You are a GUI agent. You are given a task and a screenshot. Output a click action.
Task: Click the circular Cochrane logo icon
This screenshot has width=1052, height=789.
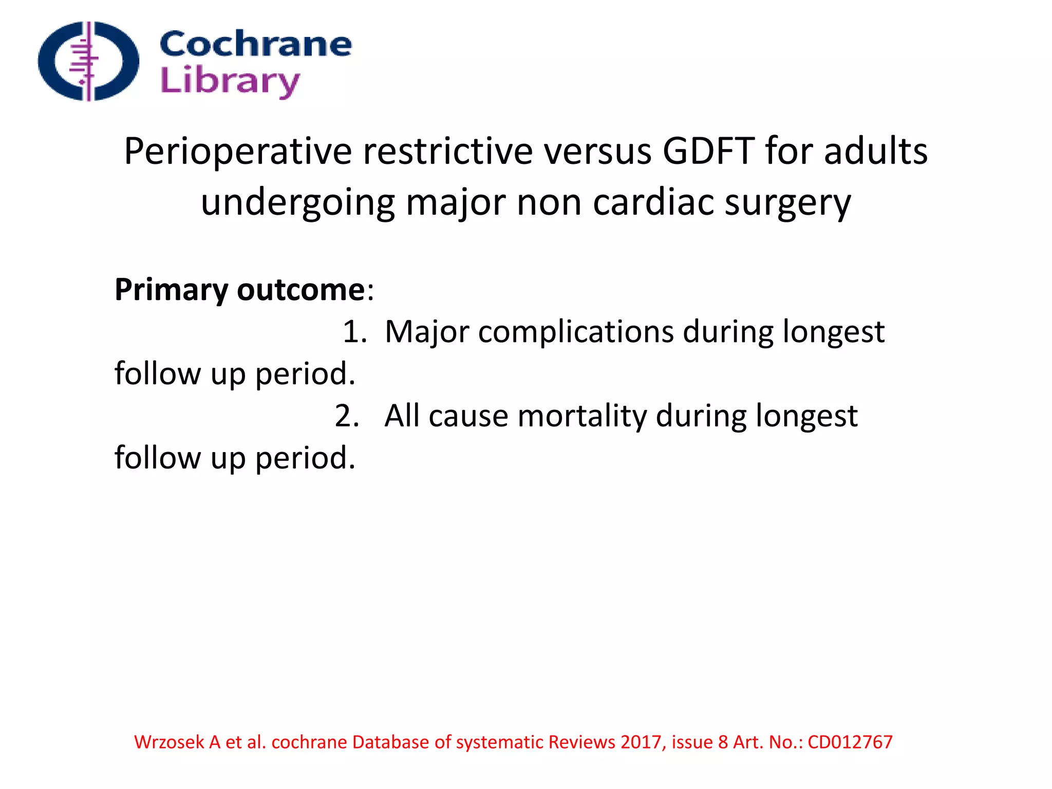88,61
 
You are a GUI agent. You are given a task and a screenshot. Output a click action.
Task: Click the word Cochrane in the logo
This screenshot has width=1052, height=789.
255,44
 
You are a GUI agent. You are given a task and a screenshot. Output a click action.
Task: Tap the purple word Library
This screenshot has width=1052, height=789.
230,81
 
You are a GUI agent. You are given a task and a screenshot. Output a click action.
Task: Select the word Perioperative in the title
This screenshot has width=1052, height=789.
238,152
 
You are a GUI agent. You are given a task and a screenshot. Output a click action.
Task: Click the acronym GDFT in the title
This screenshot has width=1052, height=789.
708,152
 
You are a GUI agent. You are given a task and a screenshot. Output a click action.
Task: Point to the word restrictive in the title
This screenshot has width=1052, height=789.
447,152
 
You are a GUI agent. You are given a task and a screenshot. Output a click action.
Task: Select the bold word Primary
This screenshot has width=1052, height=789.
171,290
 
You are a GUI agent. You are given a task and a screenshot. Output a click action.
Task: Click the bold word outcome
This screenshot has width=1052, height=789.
301,290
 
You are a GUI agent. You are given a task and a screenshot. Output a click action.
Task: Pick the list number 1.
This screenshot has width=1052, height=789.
354,332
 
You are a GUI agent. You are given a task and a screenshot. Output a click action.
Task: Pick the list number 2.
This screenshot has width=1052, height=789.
347,416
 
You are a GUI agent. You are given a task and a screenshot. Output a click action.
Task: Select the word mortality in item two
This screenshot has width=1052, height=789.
582,416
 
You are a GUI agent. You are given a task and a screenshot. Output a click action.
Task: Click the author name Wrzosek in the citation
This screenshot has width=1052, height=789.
169,742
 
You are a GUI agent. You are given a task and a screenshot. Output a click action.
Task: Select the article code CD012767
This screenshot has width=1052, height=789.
850,742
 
